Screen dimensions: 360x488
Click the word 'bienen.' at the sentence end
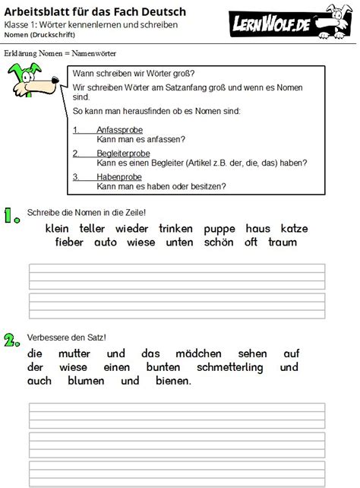click(170, 381)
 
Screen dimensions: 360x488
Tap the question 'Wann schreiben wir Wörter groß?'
click(132, 74)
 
